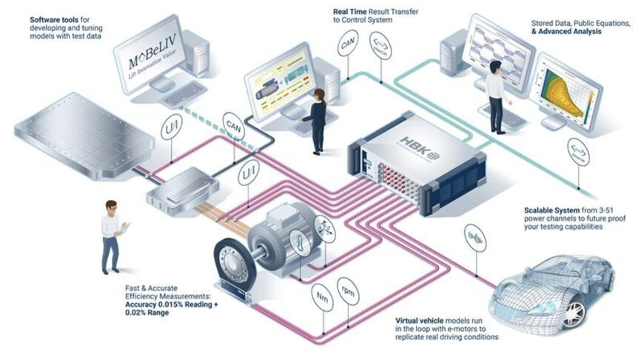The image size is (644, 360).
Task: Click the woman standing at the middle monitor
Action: (318, 119)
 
